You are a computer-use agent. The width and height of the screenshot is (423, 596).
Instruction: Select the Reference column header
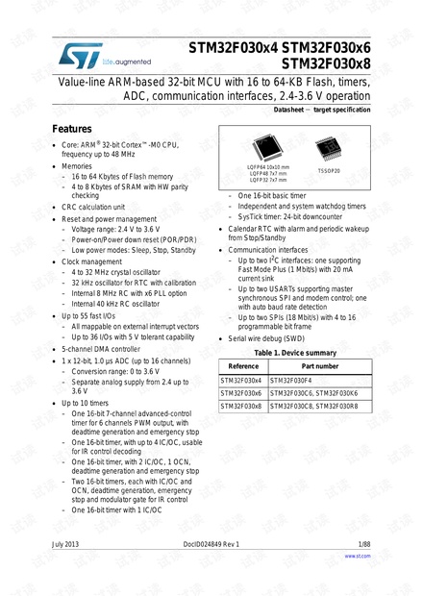(x=242, y=366)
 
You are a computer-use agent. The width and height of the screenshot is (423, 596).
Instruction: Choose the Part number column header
(x=319, y=366)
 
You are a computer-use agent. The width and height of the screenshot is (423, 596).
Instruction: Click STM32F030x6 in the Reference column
(x=242, y=393)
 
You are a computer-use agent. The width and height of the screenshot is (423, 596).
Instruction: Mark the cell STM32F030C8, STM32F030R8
(x=318, y=406)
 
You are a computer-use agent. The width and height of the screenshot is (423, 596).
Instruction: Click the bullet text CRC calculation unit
(x=93, y=207)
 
